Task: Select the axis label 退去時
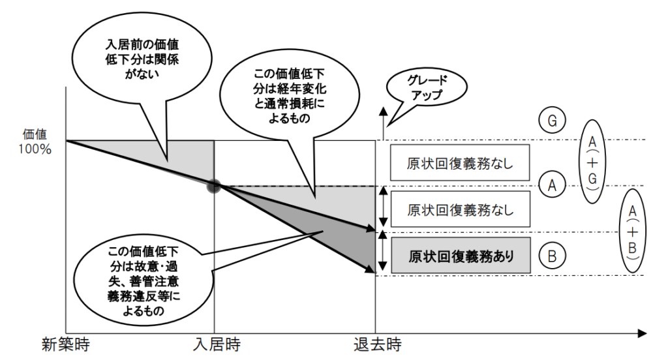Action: click(x=377, y=343)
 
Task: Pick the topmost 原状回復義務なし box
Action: click(x=461, y=162)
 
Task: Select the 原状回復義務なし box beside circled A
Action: click(x=461, y=210)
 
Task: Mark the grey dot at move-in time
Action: click(x=214, y=186)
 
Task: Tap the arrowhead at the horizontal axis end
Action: click(x=642, y=334)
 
